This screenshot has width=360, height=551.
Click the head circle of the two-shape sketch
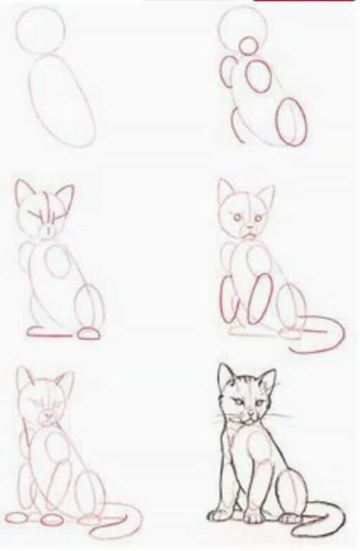40,29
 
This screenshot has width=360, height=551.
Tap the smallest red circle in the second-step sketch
247,46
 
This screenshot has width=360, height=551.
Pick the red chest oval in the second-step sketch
258,76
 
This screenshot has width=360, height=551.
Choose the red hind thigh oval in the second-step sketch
291,122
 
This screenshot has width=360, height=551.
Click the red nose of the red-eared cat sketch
47,229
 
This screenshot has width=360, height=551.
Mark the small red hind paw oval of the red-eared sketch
89,333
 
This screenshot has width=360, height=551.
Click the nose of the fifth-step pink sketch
46,416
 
